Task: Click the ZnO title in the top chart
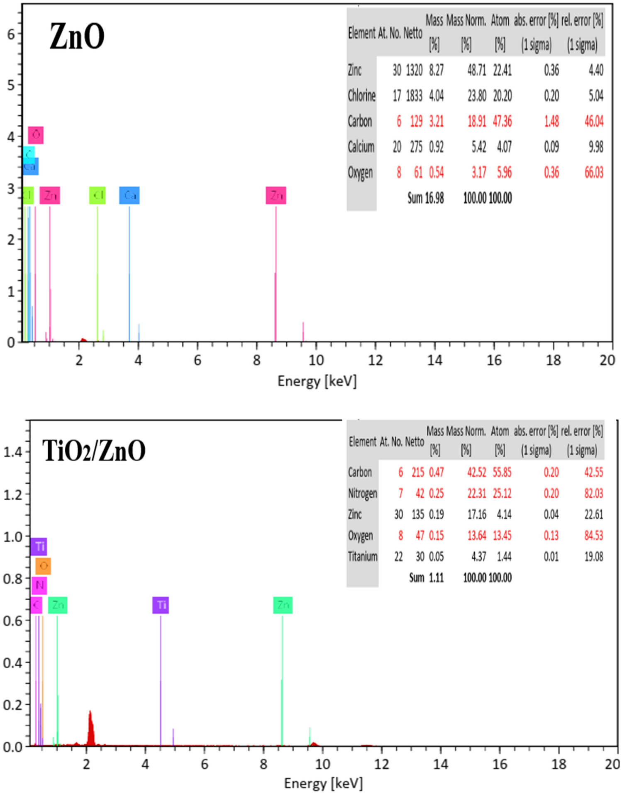pos(77,37)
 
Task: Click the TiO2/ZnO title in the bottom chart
pos(94,451)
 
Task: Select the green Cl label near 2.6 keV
pos(98,195)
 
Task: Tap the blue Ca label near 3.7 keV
pos(129,195)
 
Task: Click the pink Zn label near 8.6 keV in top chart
pos(276,195)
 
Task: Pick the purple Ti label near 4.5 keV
pos(161,605)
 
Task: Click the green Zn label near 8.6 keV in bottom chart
pos(283,605)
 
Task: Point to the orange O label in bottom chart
pos(43,566)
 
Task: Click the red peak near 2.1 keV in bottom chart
pos(90,728)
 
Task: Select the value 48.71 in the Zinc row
pos(476,71)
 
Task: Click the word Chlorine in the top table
pos(361,96)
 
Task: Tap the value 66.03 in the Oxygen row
pos(593,173)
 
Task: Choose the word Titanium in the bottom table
pos(363,557)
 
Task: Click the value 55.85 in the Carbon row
pos(502,473)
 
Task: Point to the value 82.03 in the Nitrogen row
pos(593,494)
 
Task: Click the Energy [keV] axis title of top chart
pos(317,381)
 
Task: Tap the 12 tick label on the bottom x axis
pos(381,764)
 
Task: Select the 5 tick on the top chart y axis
pos(11,85)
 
